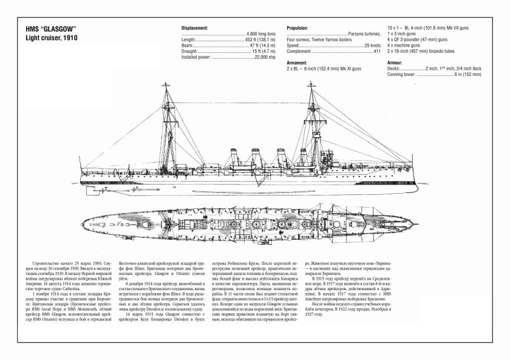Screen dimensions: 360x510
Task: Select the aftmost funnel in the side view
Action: point(237,157)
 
